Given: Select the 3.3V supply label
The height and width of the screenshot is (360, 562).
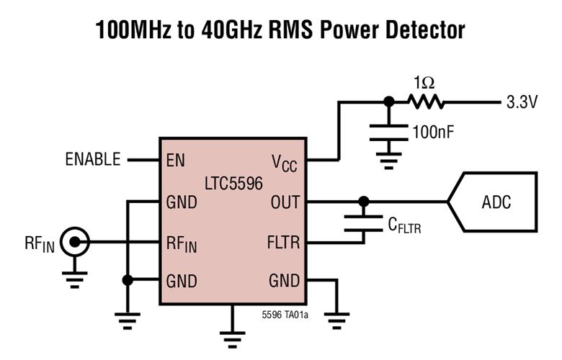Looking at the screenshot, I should click(x=522, y=102).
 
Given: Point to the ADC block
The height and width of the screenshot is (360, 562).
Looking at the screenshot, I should click(x=496, y=202).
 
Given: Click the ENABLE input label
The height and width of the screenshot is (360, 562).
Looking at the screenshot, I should click(x=93, y=160).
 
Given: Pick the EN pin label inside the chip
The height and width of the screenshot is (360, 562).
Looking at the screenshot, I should click(x=175, y=160).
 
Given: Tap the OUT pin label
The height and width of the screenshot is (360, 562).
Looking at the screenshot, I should click(x=285, y=202).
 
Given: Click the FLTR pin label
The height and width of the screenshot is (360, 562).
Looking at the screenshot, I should click(x=282, y=242).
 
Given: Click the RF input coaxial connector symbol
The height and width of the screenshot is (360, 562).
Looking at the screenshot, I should click(x=74, y=241).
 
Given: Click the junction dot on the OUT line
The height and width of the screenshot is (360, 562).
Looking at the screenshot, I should click(x=364, y=202).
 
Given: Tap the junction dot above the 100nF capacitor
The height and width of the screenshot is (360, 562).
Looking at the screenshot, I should click(x=389, y=102).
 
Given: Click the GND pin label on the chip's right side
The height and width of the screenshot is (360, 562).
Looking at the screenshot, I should click(x=284, y=281).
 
